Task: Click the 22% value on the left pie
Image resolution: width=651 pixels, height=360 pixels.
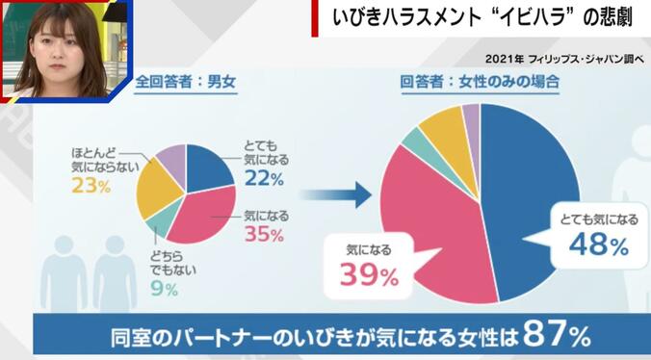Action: point(262,179)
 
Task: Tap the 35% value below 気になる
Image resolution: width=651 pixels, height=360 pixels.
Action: point(263,235)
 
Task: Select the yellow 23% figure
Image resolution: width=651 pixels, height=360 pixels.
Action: point(91,187)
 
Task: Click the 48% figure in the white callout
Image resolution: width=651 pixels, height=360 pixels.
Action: point(600,245)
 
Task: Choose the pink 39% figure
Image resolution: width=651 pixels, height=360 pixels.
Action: point(368,276)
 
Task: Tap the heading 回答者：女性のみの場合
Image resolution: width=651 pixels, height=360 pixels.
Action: point(481,83)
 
